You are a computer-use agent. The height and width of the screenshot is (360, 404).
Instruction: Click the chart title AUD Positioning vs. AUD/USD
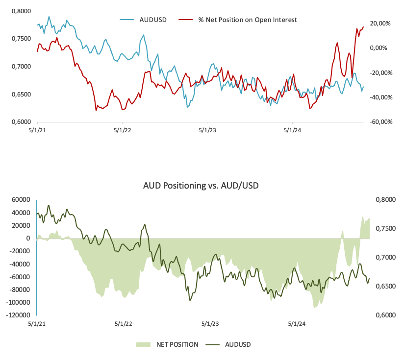(x=201, y=186)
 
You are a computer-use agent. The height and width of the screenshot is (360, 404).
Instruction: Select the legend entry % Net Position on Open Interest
(x=248, y=20)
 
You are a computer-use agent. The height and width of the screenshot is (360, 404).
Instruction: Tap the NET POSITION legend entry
(x=177, y=344)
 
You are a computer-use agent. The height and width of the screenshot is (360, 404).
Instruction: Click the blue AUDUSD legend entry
(x=153, y=20)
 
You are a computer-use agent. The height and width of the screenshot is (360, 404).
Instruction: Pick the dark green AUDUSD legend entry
(x=238, y=344)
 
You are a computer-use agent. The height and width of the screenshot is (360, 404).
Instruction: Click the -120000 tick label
(x=18, y=315)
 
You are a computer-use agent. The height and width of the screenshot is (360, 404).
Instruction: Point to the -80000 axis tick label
(x=19, y=290)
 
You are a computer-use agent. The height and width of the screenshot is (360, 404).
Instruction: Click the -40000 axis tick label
(x=19, y=264)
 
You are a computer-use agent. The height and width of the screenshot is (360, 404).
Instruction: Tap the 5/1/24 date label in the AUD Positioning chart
(x=296, y=324)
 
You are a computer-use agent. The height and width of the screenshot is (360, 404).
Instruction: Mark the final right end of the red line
(x=363, y=27)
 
